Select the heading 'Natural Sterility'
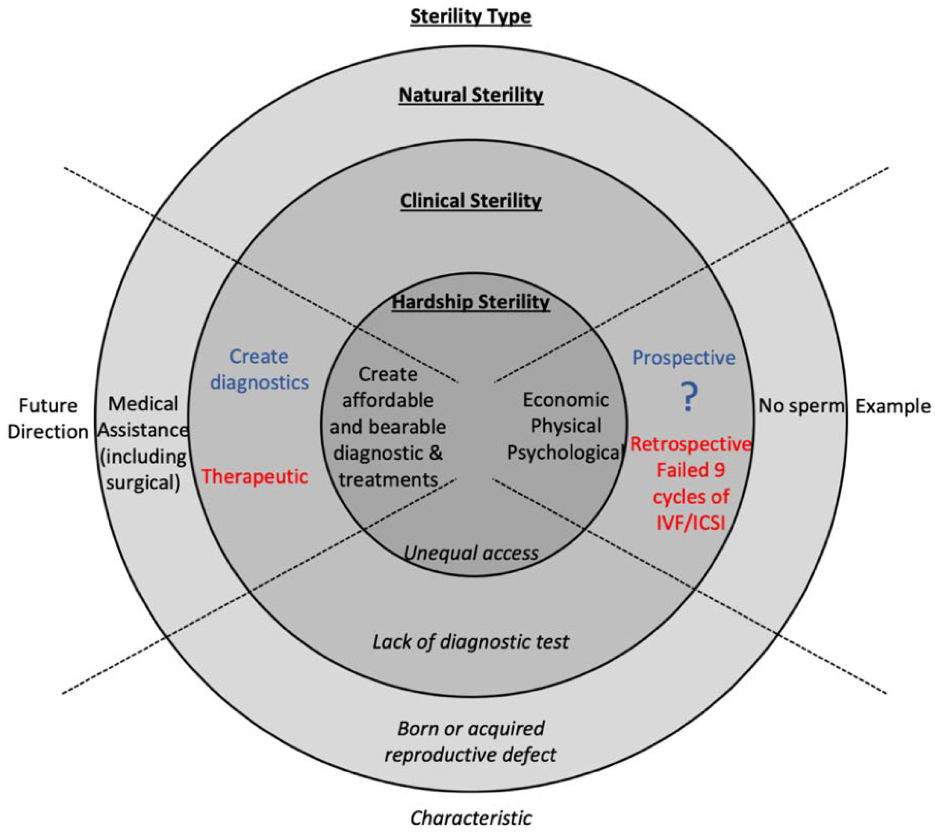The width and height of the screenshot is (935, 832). [x=471, y=95]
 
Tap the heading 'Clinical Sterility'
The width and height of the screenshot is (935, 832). [x=471, y=201]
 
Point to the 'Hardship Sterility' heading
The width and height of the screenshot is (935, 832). [x=471, y=302]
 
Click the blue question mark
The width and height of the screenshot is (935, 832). [x=689, y=397]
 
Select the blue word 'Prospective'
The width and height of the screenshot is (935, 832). [x=683, y=358]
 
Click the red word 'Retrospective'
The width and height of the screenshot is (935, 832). [x=691, y=444]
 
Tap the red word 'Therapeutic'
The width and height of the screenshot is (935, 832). [x=255, y=477]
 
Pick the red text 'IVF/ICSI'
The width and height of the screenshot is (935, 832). [x=691, y=523]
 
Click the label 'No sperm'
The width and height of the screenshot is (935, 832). [x=800, y=406]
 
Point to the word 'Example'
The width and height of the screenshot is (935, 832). [x=892, y=406]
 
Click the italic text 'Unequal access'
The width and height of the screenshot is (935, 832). [x=471, y=553]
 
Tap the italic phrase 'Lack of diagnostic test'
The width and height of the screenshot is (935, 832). [x=471, y=642]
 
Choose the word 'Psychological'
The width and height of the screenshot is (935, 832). [x=565, y=453]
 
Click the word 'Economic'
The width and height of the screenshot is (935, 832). [x=565, y=400]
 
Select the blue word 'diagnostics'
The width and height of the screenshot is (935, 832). [x=259, y=383]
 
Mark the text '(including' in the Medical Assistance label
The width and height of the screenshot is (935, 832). [x=143, y=456]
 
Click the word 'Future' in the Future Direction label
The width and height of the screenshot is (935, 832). [x=48, y=406]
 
